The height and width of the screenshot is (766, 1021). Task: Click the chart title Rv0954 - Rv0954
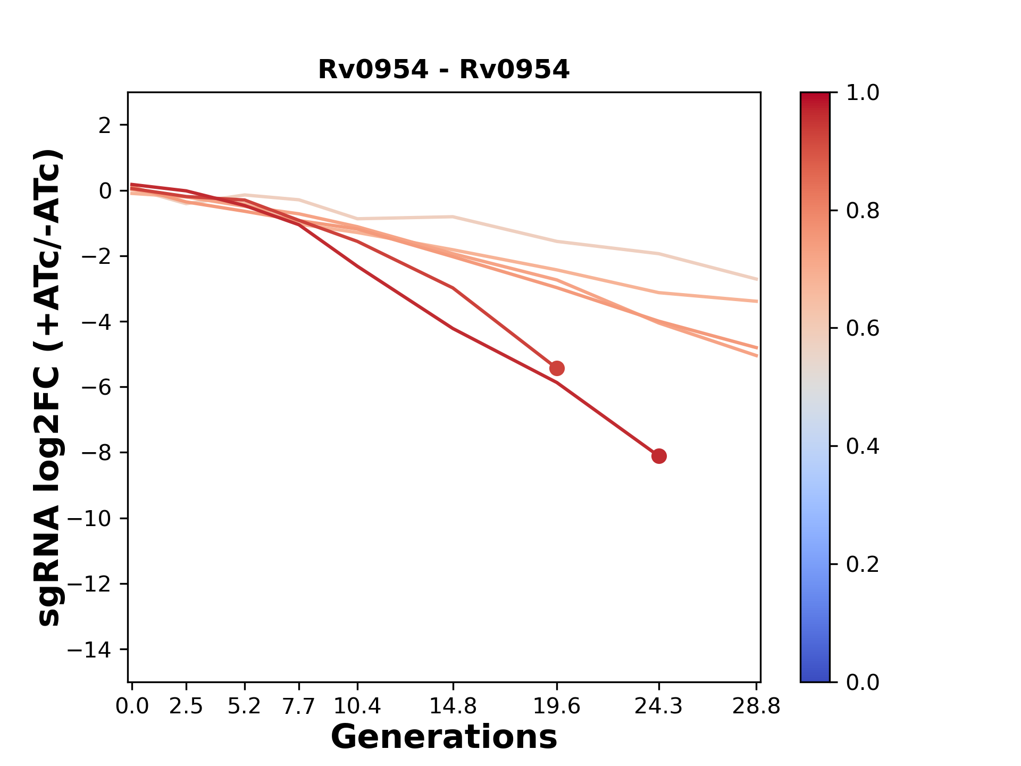[443, 70]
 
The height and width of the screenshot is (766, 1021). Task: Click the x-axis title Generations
[443, 737]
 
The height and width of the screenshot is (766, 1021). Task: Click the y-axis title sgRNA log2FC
[49, 387]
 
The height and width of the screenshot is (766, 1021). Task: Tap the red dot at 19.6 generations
[557, 368]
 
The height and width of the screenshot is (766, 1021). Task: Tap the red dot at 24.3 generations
[659, 456]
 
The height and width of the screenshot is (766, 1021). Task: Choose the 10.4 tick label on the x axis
[357, 706]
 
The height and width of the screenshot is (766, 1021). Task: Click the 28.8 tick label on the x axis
[756, 706]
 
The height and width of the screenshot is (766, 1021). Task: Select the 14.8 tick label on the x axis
[453, 706]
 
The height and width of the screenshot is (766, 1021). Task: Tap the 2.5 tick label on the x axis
[186, 706]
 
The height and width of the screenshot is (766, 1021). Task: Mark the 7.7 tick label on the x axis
[299, 706]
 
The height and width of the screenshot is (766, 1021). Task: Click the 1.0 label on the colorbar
[863, 93]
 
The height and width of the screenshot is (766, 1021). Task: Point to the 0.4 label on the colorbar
[863, 446]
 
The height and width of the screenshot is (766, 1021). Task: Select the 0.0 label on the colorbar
[863, 682]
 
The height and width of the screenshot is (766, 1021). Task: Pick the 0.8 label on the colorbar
[863, 211]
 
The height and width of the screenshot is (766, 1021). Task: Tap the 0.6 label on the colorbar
[863, 329]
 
